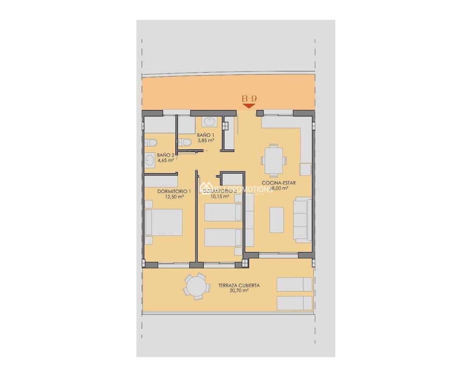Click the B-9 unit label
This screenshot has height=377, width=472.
pyautogui.click(x=249, y=99)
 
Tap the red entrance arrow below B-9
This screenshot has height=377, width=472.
pyautogui.click(x=249, y=106)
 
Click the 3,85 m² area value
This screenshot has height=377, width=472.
pyautogui.click(x=206, y=140)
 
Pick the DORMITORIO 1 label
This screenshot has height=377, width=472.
pyautogui.click(x=174, y=191)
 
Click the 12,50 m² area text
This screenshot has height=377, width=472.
pyautogui.click(x=175, y=197)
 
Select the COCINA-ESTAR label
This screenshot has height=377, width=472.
pyautogui.click(x=279, y=183)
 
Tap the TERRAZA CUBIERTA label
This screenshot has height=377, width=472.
pyautogui.click(x=239, y=285)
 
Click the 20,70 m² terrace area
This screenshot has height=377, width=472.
pyautogui.click(x=239, y=290)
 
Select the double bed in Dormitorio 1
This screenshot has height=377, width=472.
pyautogui.click(x=164, y=222)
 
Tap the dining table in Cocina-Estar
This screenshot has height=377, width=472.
pyautogui.click(x=274, y=160)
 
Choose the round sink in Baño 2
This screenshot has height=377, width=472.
pyautogui.click(x=150, y=160)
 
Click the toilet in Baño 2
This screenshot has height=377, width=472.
pyautogui.click(x=151, y=142)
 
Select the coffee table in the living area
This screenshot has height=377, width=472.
pyautogui.click(x=277, y=220)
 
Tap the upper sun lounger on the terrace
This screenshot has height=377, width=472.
pyautogui.click(x=294, y=285)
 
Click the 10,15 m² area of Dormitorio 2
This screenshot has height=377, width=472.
pyautogui.click(x=220, y=196)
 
